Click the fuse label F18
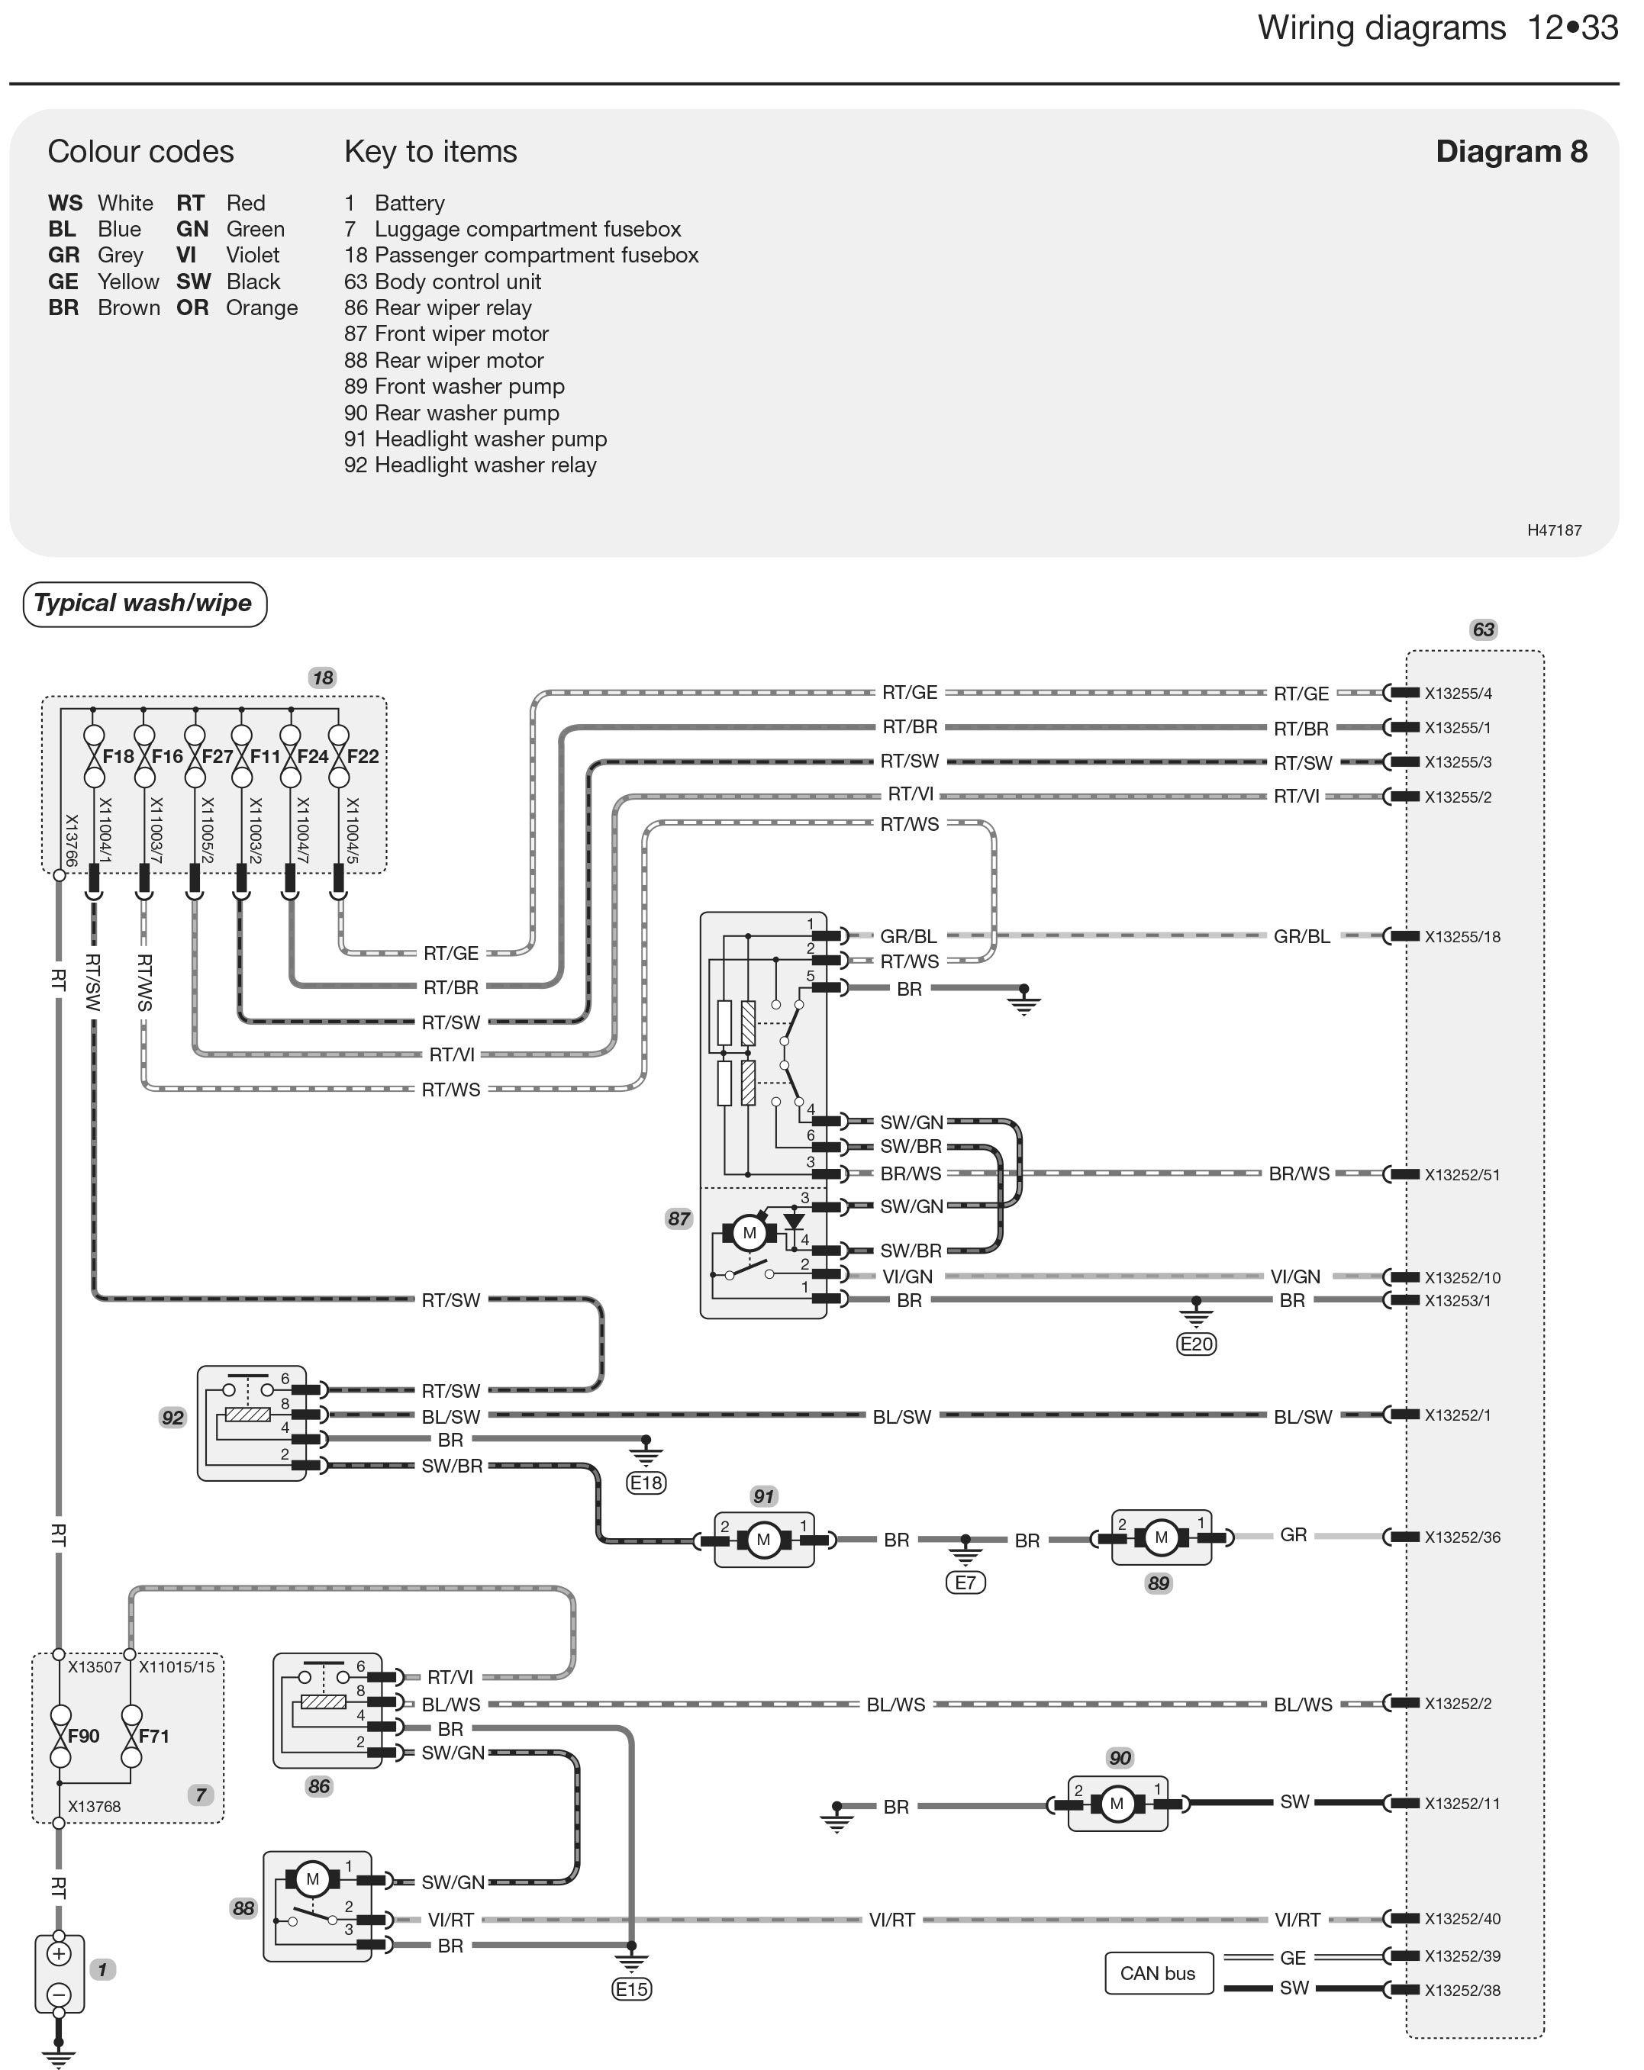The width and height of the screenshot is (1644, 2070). click(x=118, y=757)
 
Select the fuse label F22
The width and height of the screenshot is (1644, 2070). click(x=363, y=757)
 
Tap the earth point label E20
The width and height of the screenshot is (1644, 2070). click(x=1197, y=1344)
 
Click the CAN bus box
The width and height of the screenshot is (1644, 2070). click(x=1158, y=1973)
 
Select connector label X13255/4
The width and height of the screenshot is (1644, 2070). click(x=1458, y=694)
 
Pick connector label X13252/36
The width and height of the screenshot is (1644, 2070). click(x=1462, y=1537)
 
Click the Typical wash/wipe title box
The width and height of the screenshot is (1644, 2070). click(x=144, y=604)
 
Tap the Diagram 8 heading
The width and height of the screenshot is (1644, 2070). click(x=1510, y=152)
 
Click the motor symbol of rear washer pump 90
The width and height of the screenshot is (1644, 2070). click(x=1116, y=1804)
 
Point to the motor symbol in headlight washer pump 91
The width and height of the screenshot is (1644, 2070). click(x=763, y=1540)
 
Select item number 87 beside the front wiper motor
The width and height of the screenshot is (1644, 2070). click(x=679, y=1218)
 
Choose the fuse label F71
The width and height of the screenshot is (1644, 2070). click(x=153, y=1736)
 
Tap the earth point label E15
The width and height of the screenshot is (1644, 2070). click(x=631, y=1989)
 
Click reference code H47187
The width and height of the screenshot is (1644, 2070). click(x=1555, y=530)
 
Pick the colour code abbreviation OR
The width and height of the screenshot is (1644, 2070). click(x=192, y=308)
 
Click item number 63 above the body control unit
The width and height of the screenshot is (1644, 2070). click(x=1484, y=629)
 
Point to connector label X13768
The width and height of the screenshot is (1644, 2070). click(x=94, y=1807)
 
